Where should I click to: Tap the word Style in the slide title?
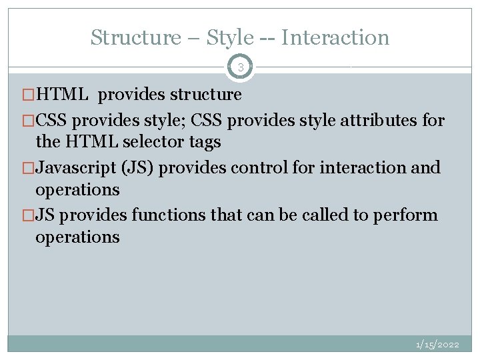[230, 37]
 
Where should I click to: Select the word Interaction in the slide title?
[335, 37]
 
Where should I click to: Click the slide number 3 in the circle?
[241, 67]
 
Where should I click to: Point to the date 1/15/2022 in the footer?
[437, 345]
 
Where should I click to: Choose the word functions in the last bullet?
[163, 215]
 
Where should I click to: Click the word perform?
[407, 215]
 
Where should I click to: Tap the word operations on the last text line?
[77, 237]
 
